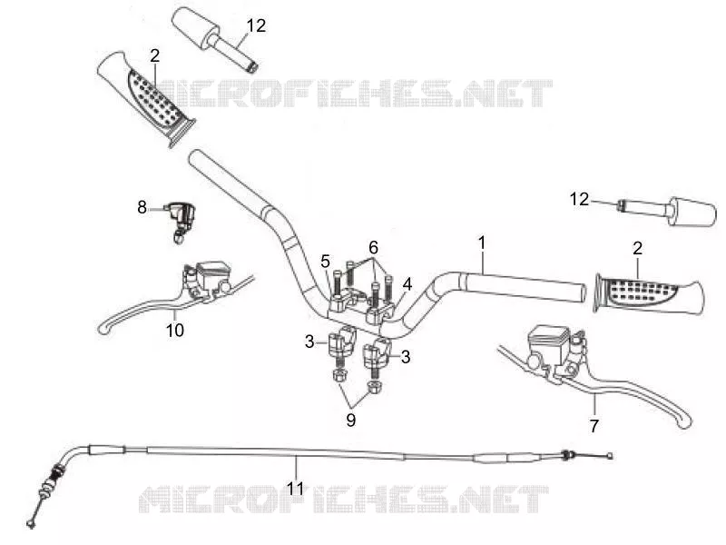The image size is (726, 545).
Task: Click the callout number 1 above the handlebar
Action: [x=482, y=243]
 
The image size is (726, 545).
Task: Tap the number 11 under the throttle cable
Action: [x=294, y=488]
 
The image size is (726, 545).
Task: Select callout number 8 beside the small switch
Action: [x=142, y=207]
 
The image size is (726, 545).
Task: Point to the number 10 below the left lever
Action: [x=175, y=331]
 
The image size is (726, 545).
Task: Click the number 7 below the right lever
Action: [x=594, y=425]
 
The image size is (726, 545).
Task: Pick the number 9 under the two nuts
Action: [x=350, y=420]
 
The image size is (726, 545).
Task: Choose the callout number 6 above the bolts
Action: [x=373, y=248]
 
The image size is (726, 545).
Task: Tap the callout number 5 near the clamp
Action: [x=326, y=262]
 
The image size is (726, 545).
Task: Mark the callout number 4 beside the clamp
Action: [x=407, y=283]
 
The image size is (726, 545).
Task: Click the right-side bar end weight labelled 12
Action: [x=667, y=211]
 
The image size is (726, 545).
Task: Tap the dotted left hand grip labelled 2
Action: [x=147, y=98]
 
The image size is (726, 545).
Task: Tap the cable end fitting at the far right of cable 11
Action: [x=610, y=456]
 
